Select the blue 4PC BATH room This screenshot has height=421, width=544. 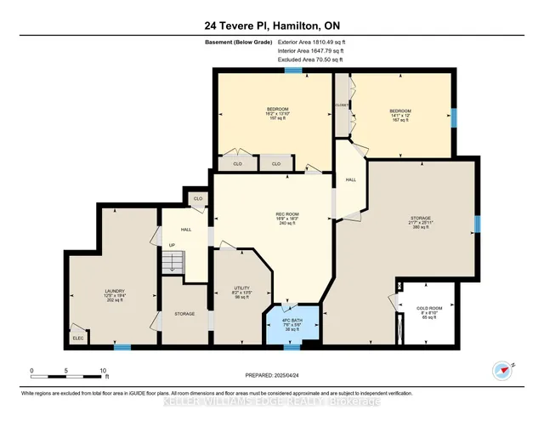click(x=293, y=325)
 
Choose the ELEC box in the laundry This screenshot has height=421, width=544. click(x=78, y=337)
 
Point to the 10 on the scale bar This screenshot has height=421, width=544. click(x=103, y=371)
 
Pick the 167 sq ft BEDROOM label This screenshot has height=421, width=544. click(x=400, y=115)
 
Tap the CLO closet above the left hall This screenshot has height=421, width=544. click(x=197, y=198)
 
